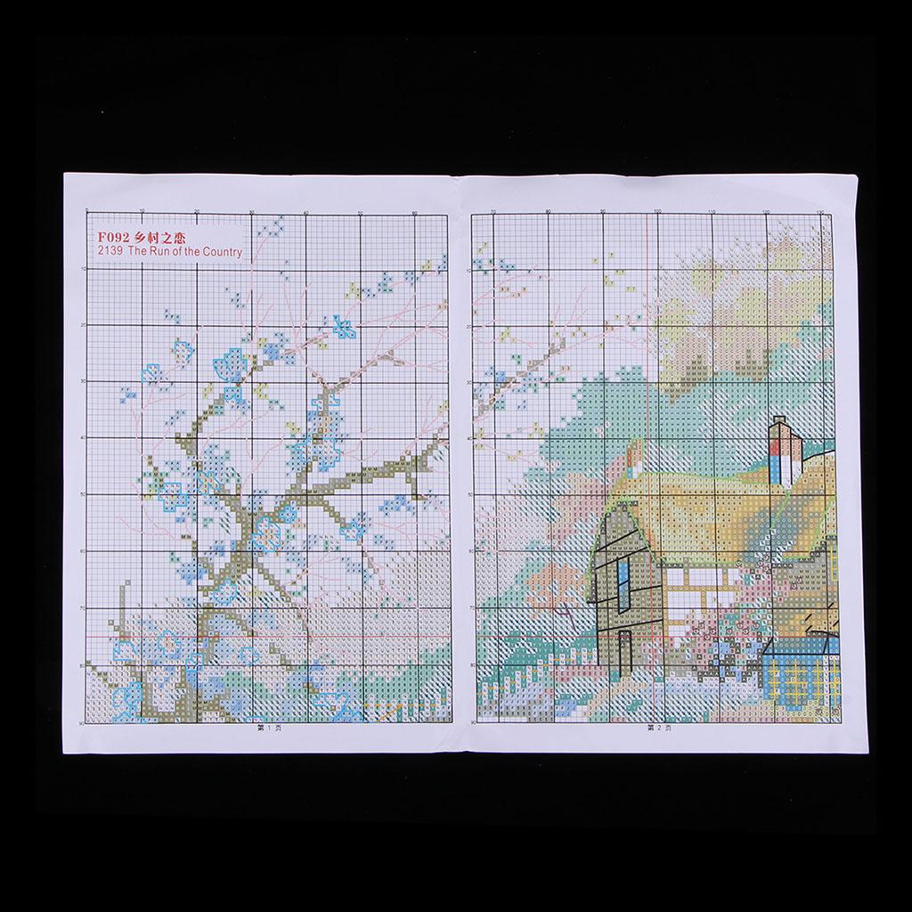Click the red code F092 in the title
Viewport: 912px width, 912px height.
coord(114,238)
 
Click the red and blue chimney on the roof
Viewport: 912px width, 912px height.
coord(784,453)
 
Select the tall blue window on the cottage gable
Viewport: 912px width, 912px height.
coord(623,582)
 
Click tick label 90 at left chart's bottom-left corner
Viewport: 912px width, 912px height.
coord(83,722)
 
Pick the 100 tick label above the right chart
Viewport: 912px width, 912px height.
coord(657,212)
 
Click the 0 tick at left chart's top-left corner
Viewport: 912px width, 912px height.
coord(86,211)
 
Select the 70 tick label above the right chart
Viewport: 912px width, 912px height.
coord(493,212)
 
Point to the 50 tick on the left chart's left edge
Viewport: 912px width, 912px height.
coord(82,494)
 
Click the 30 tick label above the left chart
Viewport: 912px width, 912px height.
coord(252,212)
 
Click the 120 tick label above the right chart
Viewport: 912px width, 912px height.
coord(767,212)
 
